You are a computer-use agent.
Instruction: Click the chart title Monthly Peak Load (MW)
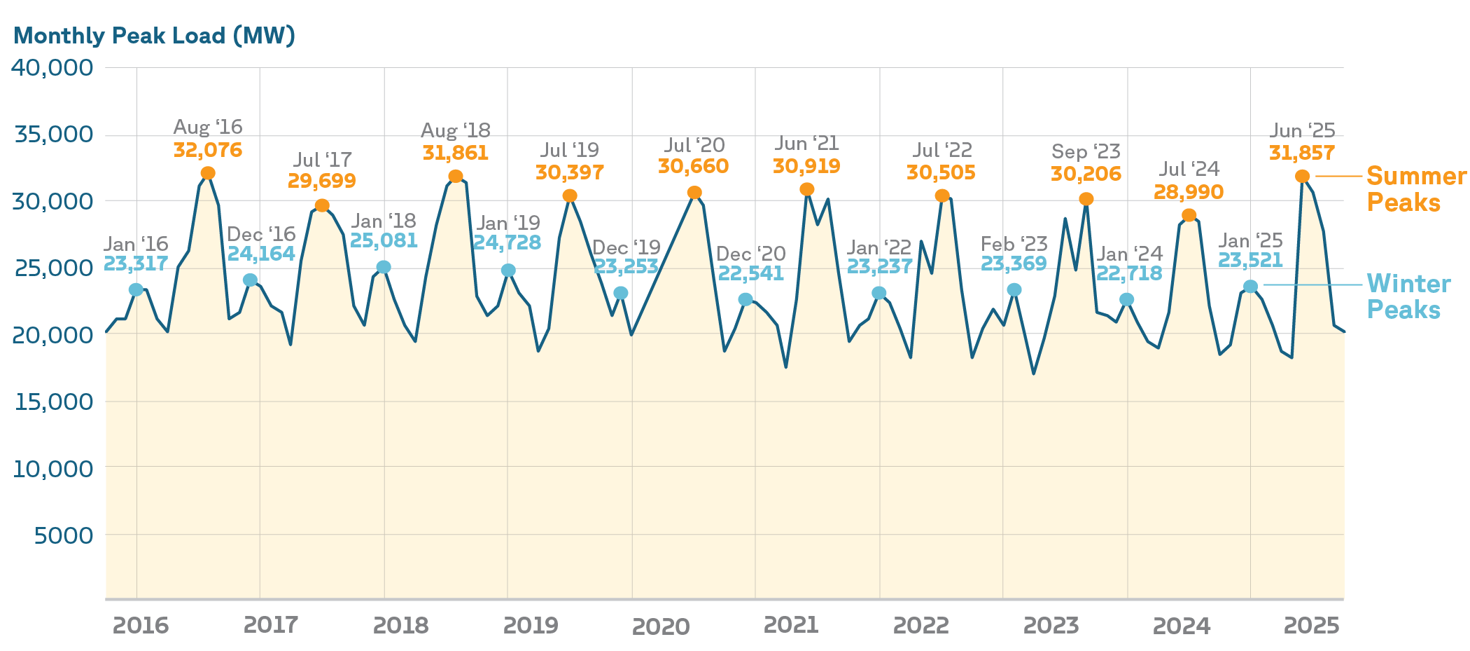click(154, 36)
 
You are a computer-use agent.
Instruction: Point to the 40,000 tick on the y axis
click(52, 68)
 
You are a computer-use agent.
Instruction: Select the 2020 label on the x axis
click(660, 626)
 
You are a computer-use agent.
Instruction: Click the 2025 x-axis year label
click(1311, 625)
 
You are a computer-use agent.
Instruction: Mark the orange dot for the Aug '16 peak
click(208, 173)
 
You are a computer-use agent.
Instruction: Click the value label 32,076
click(208, 150)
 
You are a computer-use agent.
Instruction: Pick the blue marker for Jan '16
click(136, 290)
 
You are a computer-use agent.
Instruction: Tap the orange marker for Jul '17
click(322, 205)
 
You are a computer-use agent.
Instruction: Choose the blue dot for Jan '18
click(384, 267)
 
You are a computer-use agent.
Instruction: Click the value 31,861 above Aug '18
click(456, 153)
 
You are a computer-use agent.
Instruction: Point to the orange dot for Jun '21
click(807, 189)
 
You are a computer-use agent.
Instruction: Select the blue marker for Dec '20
click(745, 299)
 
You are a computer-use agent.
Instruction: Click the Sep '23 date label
click(1086, 151)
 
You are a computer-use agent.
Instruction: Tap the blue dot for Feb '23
click(1014, 290)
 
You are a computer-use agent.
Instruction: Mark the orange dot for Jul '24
click(1189, 215)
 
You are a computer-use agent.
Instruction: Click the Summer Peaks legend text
click(1415, 189)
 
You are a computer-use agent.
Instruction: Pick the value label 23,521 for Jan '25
click(1250, 261)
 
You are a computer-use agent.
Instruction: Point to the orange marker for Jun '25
click(1303, 177)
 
